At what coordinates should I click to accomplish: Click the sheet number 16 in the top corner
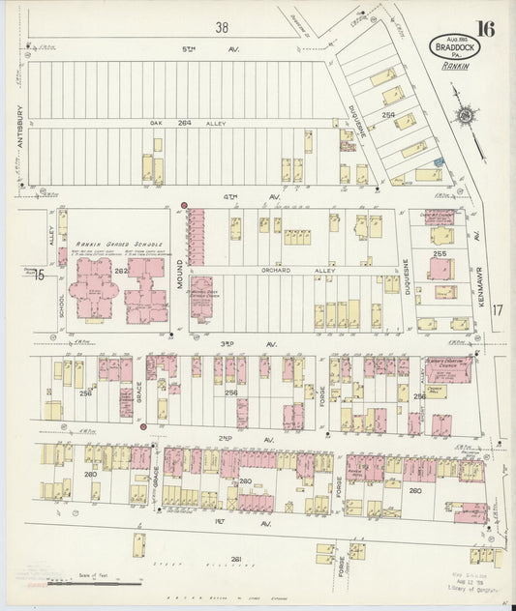485,27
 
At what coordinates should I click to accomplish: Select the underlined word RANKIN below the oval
454,67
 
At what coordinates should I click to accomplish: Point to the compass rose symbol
466,117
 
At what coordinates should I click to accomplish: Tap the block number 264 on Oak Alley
184,123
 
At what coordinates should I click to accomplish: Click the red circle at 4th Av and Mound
184,205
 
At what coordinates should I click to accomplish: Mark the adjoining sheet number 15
38,276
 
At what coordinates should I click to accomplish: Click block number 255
440,254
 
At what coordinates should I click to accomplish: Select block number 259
388,116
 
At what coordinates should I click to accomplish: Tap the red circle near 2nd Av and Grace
143,424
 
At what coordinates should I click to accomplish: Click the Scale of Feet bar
82,583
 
